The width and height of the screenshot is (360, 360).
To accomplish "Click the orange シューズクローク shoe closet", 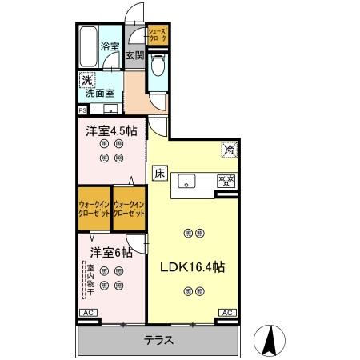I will (157, 34).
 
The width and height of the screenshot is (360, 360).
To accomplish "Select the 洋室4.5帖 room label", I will (111, 130).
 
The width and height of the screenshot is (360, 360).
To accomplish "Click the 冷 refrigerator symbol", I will (228, 148).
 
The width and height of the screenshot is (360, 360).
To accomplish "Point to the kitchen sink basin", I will (186, 180).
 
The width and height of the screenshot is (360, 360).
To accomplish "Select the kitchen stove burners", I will (227, 180).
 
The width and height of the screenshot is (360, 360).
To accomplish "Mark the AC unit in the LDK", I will (226, 313).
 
